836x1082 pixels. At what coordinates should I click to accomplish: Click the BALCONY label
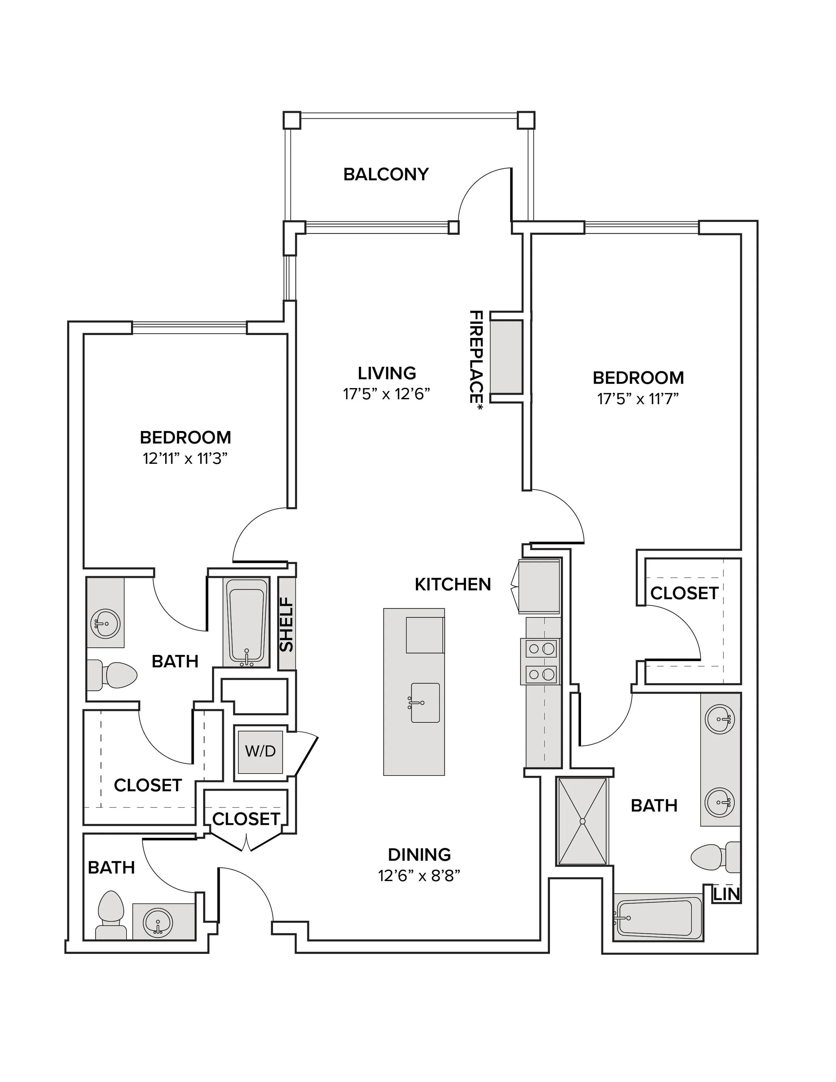point(386,175)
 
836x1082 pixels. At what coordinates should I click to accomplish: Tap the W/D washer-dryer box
point(260,752)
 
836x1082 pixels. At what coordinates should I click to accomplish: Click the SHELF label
point(287,624)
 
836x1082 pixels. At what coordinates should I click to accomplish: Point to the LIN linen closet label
point(727,894)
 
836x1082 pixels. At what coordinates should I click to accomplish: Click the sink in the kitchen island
point(425,703)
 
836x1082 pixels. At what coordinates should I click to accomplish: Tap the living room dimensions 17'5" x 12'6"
point(386,394)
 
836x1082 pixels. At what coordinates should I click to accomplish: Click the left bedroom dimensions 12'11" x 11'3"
point(185,458)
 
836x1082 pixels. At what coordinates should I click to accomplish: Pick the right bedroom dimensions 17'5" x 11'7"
point(638,399)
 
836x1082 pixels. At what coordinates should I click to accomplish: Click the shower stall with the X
point(582,821)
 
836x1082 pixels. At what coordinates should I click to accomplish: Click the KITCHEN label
point(453,585)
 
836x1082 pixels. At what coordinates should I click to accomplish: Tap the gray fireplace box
point(506,357)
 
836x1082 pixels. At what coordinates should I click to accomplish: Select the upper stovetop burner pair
point(541,648)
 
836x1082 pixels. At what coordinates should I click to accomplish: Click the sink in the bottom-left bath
point(158,922)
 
